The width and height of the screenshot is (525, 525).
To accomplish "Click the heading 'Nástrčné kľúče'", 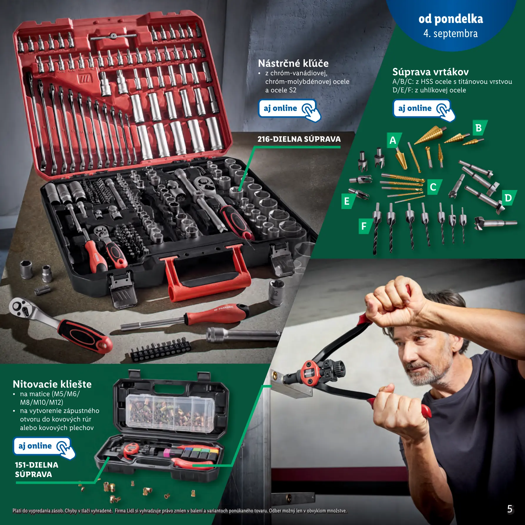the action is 293,63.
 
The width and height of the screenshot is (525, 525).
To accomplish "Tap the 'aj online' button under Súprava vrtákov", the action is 423,109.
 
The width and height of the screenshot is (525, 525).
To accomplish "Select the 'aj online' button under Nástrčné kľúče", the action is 289,109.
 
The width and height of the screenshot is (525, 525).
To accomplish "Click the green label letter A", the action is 394,140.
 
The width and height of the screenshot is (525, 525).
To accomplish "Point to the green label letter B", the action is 479,128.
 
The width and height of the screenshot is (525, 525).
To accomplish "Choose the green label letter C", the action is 434,187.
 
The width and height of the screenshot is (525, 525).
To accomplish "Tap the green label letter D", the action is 509,198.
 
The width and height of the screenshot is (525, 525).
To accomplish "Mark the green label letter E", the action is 348,201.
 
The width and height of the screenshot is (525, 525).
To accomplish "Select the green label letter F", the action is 365,226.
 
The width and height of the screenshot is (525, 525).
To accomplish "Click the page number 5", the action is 510,509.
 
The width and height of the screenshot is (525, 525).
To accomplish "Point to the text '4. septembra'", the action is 450,34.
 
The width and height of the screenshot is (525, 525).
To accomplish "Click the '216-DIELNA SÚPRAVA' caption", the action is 299,139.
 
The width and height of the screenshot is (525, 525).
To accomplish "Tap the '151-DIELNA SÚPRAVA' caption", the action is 36,470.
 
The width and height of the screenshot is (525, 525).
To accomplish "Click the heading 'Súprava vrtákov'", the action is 430,72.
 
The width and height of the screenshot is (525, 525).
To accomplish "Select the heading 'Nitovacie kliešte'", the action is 52,384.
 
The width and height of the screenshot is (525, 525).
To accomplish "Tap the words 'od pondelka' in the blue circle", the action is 451,19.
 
